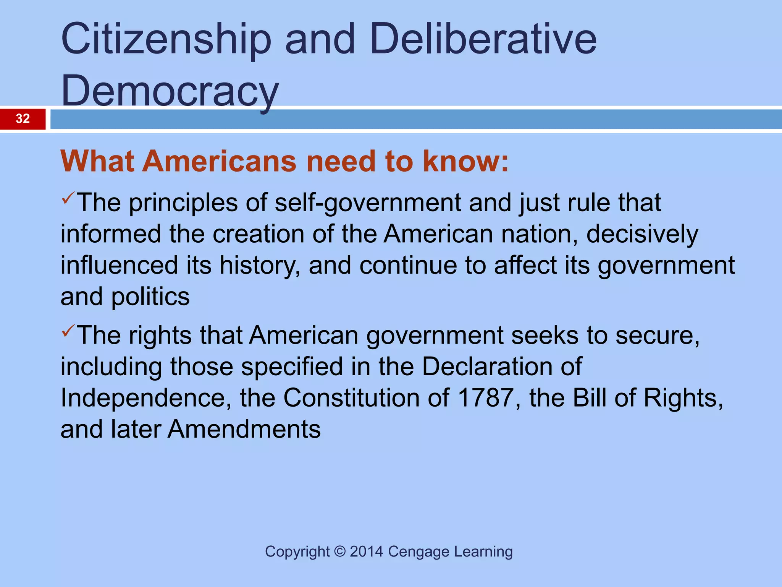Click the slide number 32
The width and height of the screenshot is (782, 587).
(x=23, y=119)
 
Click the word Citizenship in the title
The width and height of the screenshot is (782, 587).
(x=166, y=39)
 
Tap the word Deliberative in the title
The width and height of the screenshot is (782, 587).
(x=483, y=39)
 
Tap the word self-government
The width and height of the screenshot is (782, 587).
(x=368, y=203)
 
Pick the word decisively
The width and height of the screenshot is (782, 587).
(x=642, y=234)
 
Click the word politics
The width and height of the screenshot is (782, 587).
(x=150, y=297)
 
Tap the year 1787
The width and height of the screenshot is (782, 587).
(x=485, y=398)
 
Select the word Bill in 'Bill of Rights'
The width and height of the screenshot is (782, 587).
(x=590, y=398)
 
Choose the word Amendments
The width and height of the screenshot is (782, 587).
(x=244, y=429)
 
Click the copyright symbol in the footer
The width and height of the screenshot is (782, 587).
(x=339, y=552)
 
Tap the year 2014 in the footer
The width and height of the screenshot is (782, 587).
(x=366, y=552)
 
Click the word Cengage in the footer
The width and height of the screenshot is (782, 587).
(x=418, y=552)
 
